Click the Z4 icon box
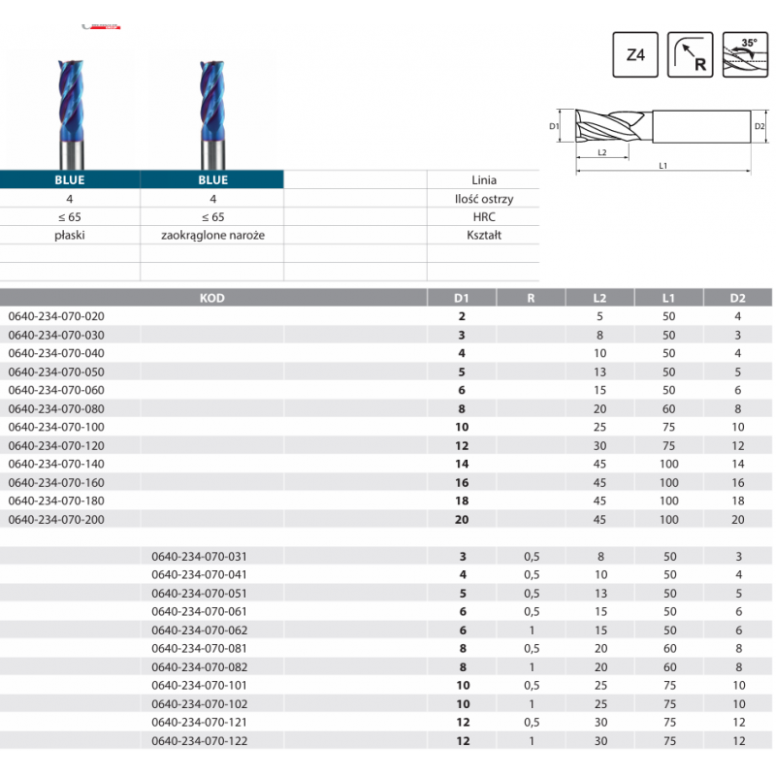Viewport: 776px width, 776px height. [635, 54]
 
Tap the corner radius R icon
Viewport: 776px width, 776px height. [690, 54]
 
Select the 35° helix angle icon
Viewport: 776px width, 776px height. [745, 54]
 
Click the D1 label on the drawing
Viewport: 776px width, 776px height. [554, 126]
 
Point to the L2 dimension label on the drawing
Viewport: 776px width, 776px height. [601, 152]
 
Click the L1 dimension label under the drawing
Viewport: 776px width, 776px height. [663, 166]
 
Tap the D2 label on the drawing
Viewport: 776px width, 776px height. [760, 126]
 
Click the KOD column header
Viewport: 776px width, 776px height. [212, 298]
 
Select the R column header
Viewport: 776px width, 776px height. [531, 298]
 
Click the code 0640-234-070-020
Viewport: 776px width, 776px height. [56, 316]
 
